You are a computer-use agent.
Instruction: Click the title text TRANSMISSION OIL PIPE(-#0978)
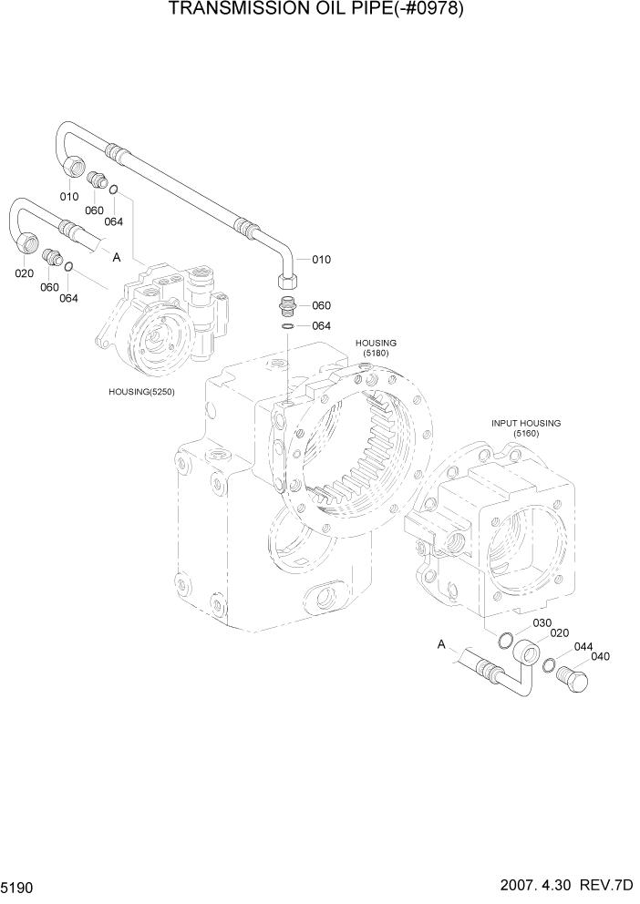click(x=320, y=10)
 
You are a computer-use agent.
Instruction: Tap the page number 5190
click(x=19, y=887)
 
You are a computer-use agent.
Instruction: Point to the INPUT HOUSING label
click(x=526, y=423)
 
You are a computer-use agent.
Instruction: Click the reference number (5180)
click(x=376, y=353)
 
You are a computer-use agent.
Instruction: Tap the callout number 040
click(x=601, y=656)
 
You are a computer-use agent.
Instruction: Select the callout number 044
click(x=583, y=646)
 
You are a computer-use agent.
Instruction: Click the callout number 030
click(x=542, y=622)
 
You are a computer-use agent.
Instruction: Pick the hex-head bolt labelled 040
click(x=576, y=678)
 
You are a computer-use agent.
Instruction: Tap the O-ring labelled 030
click(x=506, y=640)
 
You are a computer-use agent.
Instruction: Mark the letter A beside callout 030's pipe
click(x=441, y=645)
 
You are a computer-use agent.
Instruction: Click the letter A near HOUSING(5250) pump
click(x=117, y=258)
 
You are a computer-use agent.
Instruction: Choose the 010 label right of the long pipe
click(x=321, y=260)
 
